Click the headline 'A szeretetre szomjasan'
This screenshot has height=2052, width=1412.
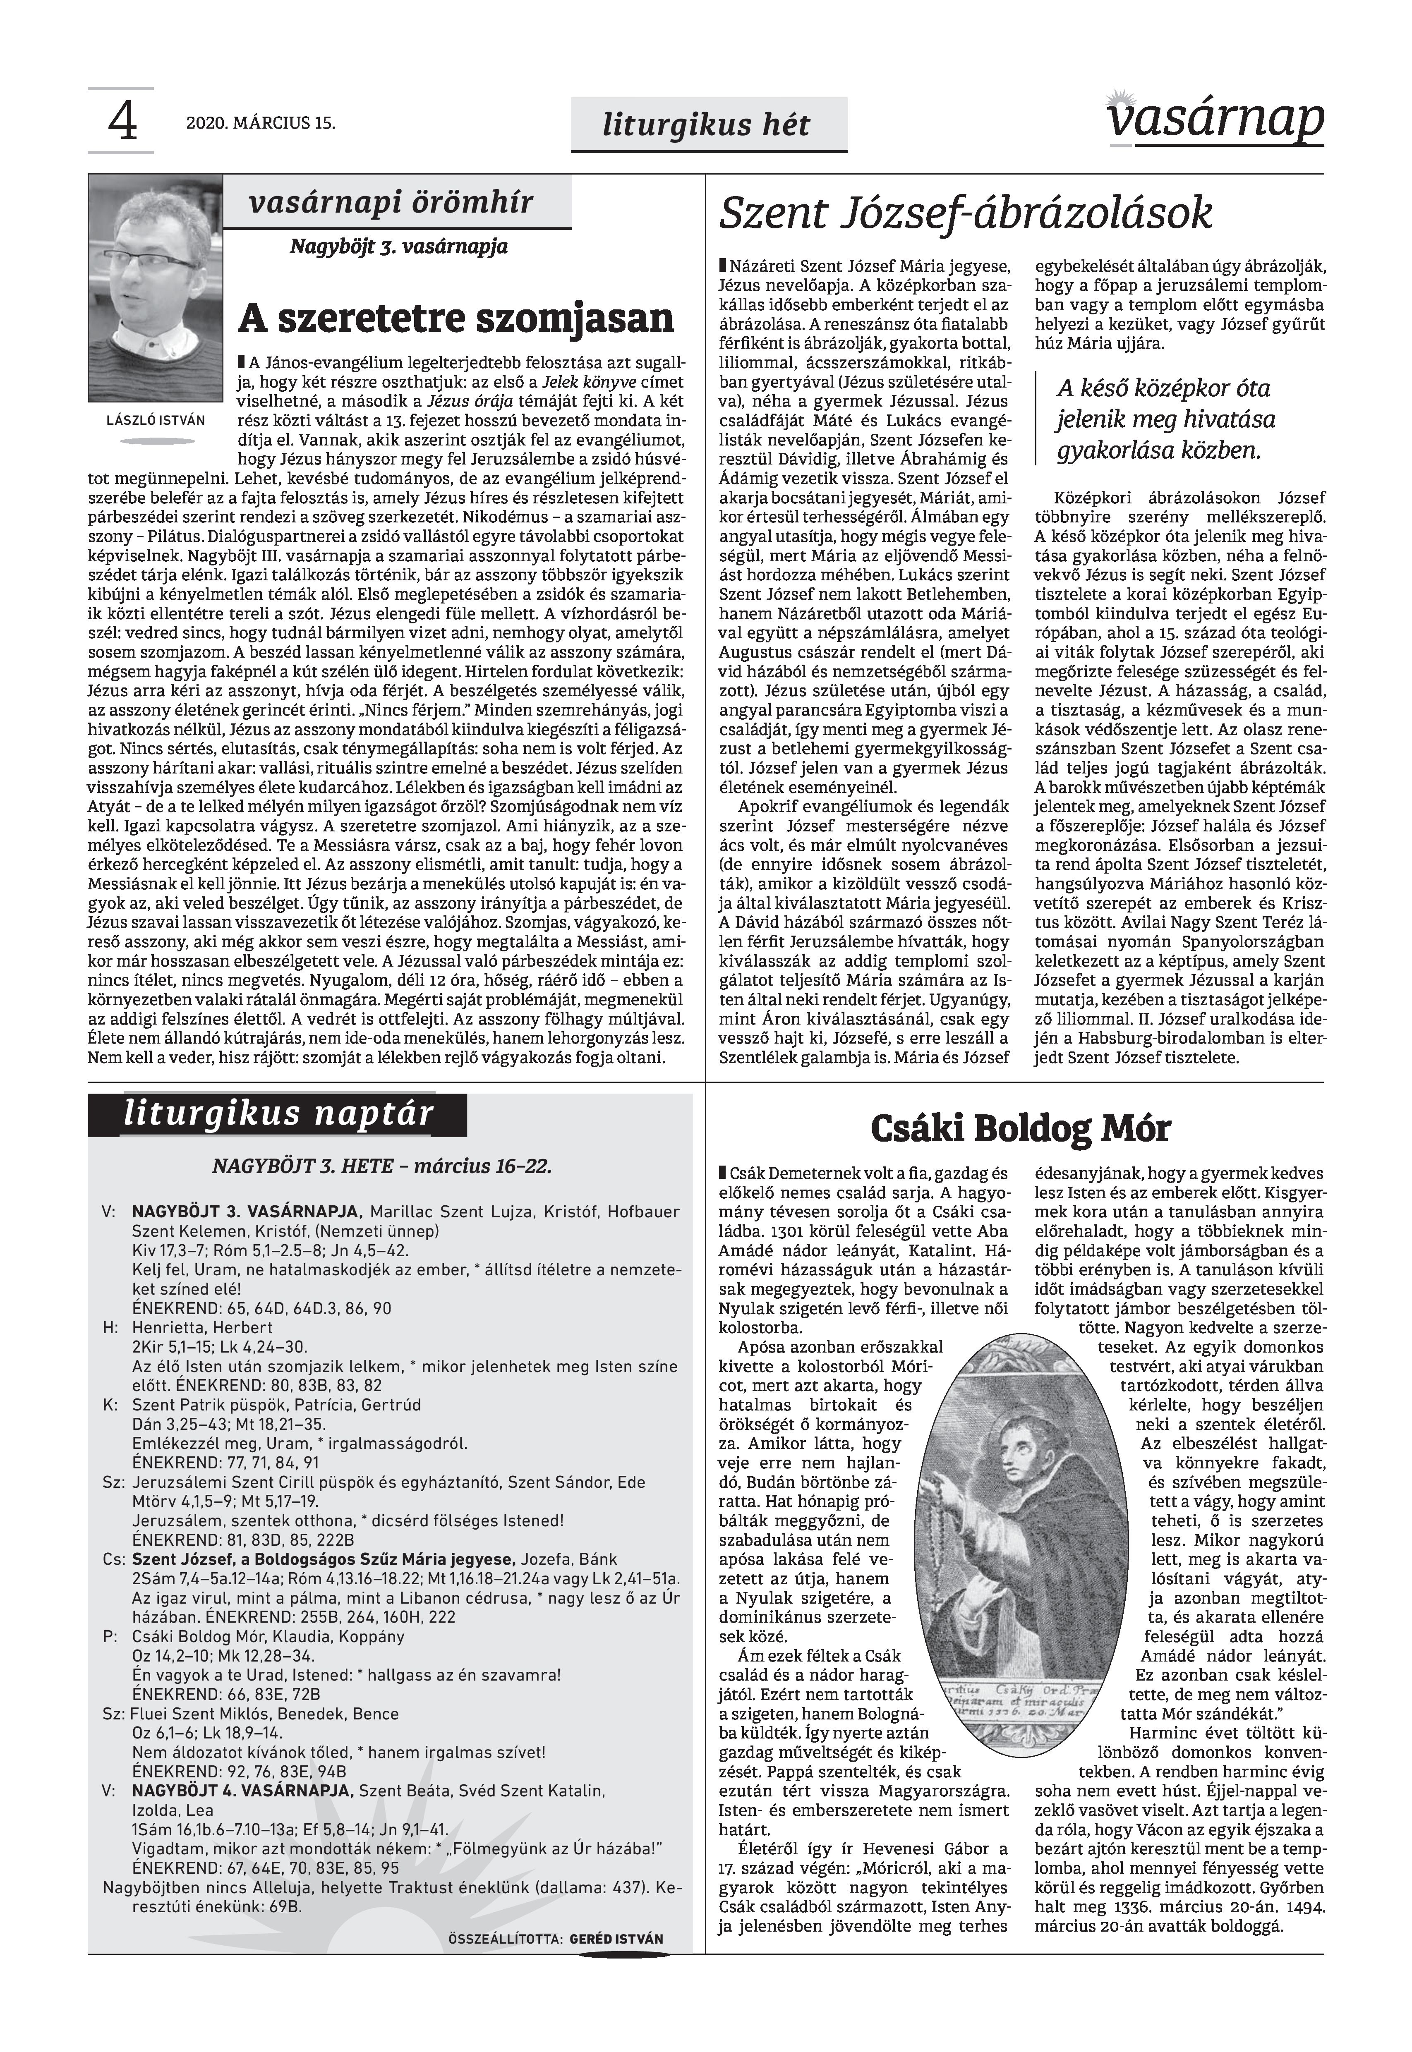click(455, 318)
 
